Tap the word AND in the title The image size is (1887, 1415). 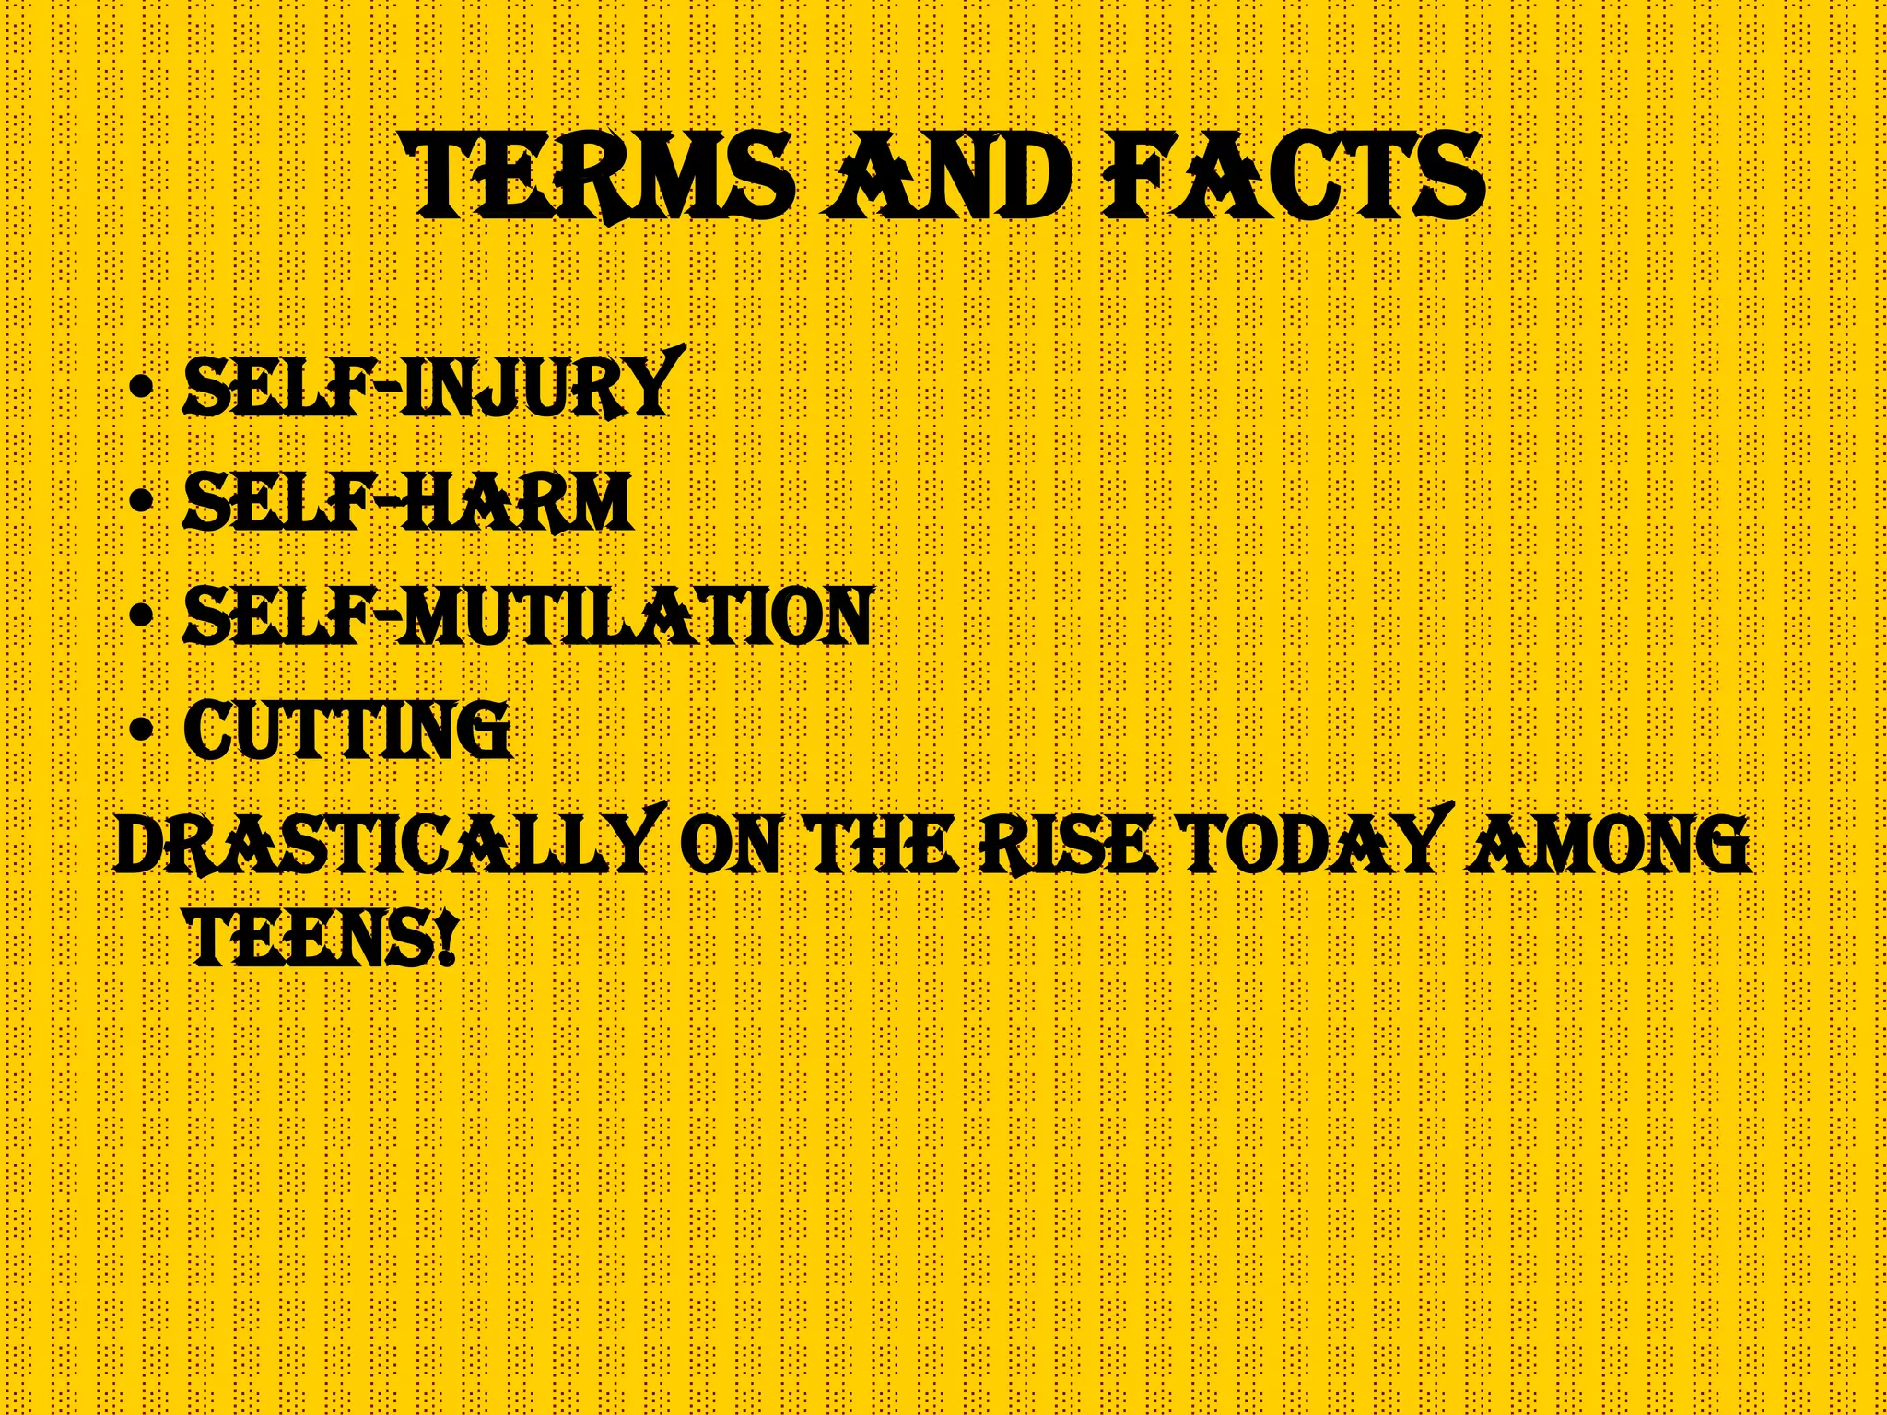tap(948, 176)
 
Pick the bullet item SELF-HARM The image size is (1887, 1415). tap(408, 502)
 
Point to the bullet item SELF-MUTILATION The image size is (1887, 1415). tap(528, 616)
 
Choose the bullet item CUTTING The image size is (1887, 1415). tap(347, 731)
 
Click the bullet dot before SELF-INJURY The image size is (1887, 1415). tap(141, 387)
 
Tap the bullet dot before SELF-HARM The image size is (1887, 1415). tap(141, 502)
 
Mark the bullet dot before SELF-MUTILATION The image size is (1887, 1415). tap(141, 616)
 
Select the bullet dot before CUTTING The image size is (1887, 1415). tap(141, 731)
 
